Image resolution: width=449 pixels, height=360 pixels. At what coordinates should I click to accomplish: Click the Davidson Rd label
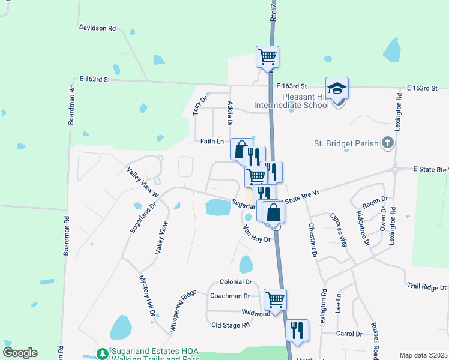(x=97, y=28)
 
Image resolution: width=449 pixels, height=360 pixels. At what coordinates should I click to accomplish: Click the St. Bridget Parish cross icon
(x=388, y=143)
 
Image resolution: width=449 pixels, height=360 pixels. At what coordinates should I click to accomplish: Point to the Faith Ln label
(x=212, y=142)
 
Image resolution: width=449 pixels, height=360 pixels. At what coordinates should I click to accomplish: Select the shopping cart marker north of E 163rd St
(x=267, y=57)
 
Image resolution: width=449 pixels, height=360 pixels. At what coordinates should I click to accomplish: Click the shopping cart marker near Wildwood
(x=275, y=299)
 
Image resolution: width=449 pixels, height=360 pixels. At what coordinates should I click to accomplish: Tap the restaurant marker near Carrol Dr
(x=297, y=329)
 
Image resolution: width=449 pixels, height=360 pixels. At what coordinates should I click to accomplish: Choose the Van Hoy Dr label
(x=258, y=233)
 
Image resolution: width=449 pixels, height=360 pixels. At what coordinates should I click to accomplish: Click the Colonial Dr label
(x=235, y=281)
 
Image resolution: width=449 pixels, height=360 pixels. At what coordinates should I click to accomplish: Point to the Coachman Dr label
(x=230, y=296)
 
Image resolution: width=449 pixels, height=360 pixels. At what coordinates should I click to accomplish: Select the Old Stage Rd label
(x=231, y=325)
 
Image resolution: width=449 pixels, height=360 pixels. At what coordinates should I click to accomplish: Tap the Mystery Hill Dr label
(x=147, y=296)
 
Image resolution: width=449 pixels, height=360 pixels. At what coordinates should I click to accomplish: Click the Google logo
(x=20, y=353)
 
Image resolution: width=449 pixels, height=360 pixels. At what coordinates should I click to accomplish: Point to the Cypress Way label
(x=340, y=230)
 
